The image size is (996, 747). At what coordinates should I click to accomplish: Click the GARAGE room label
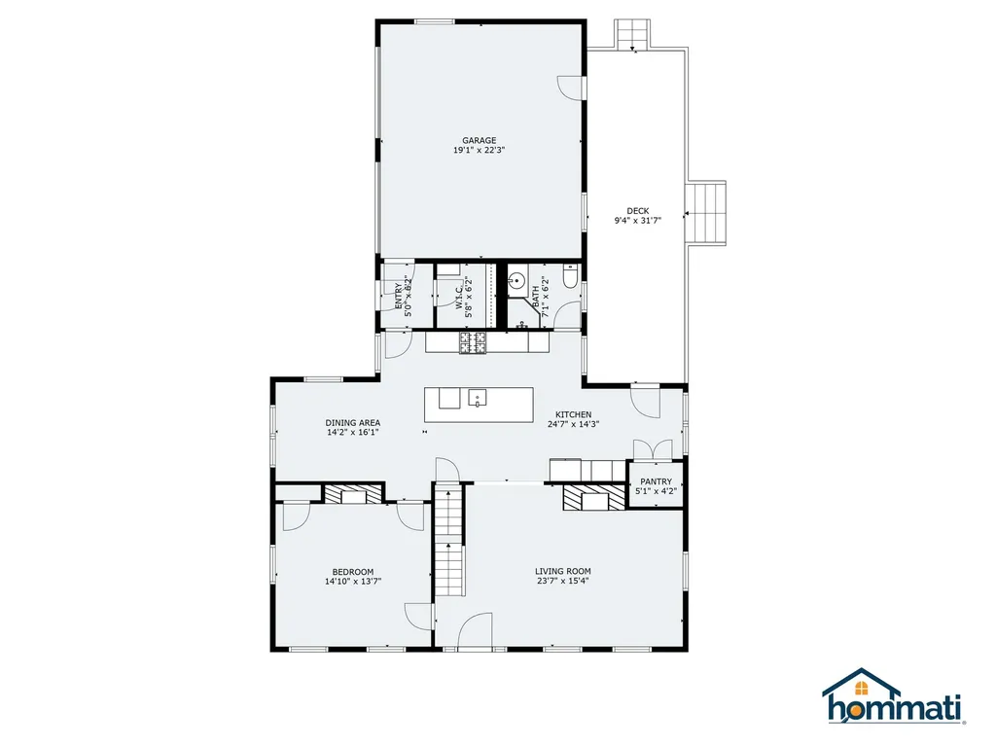(479, 140)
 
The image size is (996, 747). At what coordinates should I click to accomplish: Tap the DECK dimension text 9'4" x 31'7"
(638, 221)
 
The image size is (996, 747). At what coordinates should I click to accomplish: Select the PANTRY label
(657, 481)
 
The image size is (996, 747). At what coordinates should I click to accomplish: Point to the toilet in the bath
(569, 276)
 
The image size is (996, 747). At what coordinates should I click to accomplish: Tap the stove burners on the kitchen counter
(474, 342)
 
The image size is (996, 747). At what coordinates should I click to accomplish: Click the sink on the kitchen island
(478, 398)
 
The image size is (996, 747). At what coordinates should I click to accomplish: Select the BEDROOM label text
(353, 572)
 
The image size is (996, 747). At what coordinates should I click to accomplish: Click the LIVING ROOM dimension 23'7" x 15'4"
(563, 581)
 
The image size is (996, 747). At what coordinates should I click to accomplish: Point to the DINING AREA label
(353, 422)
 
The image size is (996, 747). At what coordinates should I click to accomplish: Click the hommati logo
(893, 696)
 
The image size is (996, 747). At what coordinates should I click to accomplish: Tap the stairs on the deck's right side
(706, 213)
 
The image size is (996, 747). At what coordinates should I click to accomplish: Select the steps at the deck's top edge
(632, 34)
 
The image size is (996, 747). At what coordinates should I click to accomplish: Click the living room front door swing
(475, 630)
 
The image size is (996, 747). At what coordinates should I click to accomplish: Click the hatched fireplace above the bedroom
(353, 493)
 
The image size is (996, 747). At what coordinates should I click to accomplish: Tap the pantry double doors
(653, 449)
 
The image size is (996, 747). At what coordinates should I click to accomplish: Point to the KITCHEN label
(574, 414)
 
